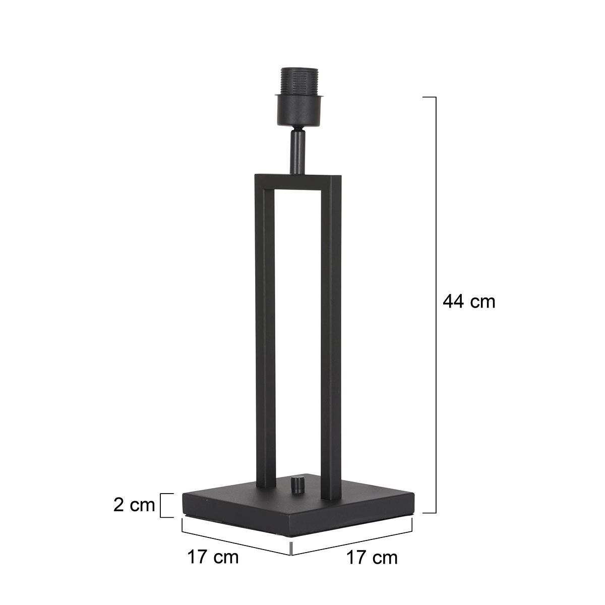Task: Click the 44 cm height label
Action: tap(469, 302)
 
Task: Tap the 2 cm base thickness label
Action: tap(134, 505)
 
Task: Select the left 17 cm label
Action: tap(212, 558)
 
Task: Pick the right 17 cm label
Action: tap(372, 558)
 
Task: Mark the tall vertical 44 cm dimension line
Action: tap(435, 302)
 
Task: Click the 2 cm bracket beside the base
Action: tap(163, 505)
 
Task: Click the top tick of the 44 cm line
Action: tap(429, 96)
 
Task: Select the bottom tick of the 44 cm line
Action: tap(429, 513)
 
